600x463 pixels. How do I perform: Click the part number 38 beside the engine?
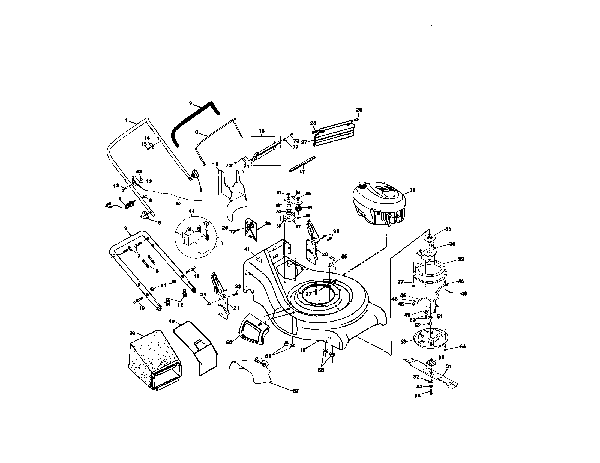pos(412,190)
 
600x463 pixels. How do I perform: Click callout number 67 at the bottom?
pos(296,391)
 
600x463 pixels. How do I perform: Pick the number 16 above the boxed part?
pos(261,131)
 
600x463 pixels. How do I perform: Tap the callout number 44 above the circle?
pos(191,211)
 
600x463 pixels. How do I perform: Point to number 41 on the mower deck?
pos(247,249)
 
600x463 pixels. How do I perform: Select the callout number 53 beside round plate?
pos(403,342)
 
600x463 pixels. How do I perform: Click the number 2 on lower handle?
pos(126,228)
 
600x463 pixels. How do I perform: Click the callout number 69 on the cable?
pos(178,204)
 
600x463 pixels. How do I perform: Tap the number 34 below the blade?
pos(417,396)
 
